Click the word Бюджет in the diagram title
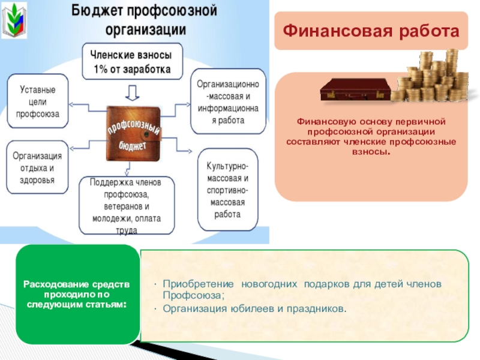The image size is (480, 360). tap(95, 10)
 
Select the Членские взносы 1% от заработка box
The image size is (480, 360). tap(133, 61)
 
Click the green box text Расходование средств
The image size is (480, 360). tap(76, 284)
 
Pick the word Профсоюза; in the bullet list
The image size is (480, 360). tap(193, 295)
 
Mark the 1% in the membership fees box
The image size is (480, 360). tap(102, 68)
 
